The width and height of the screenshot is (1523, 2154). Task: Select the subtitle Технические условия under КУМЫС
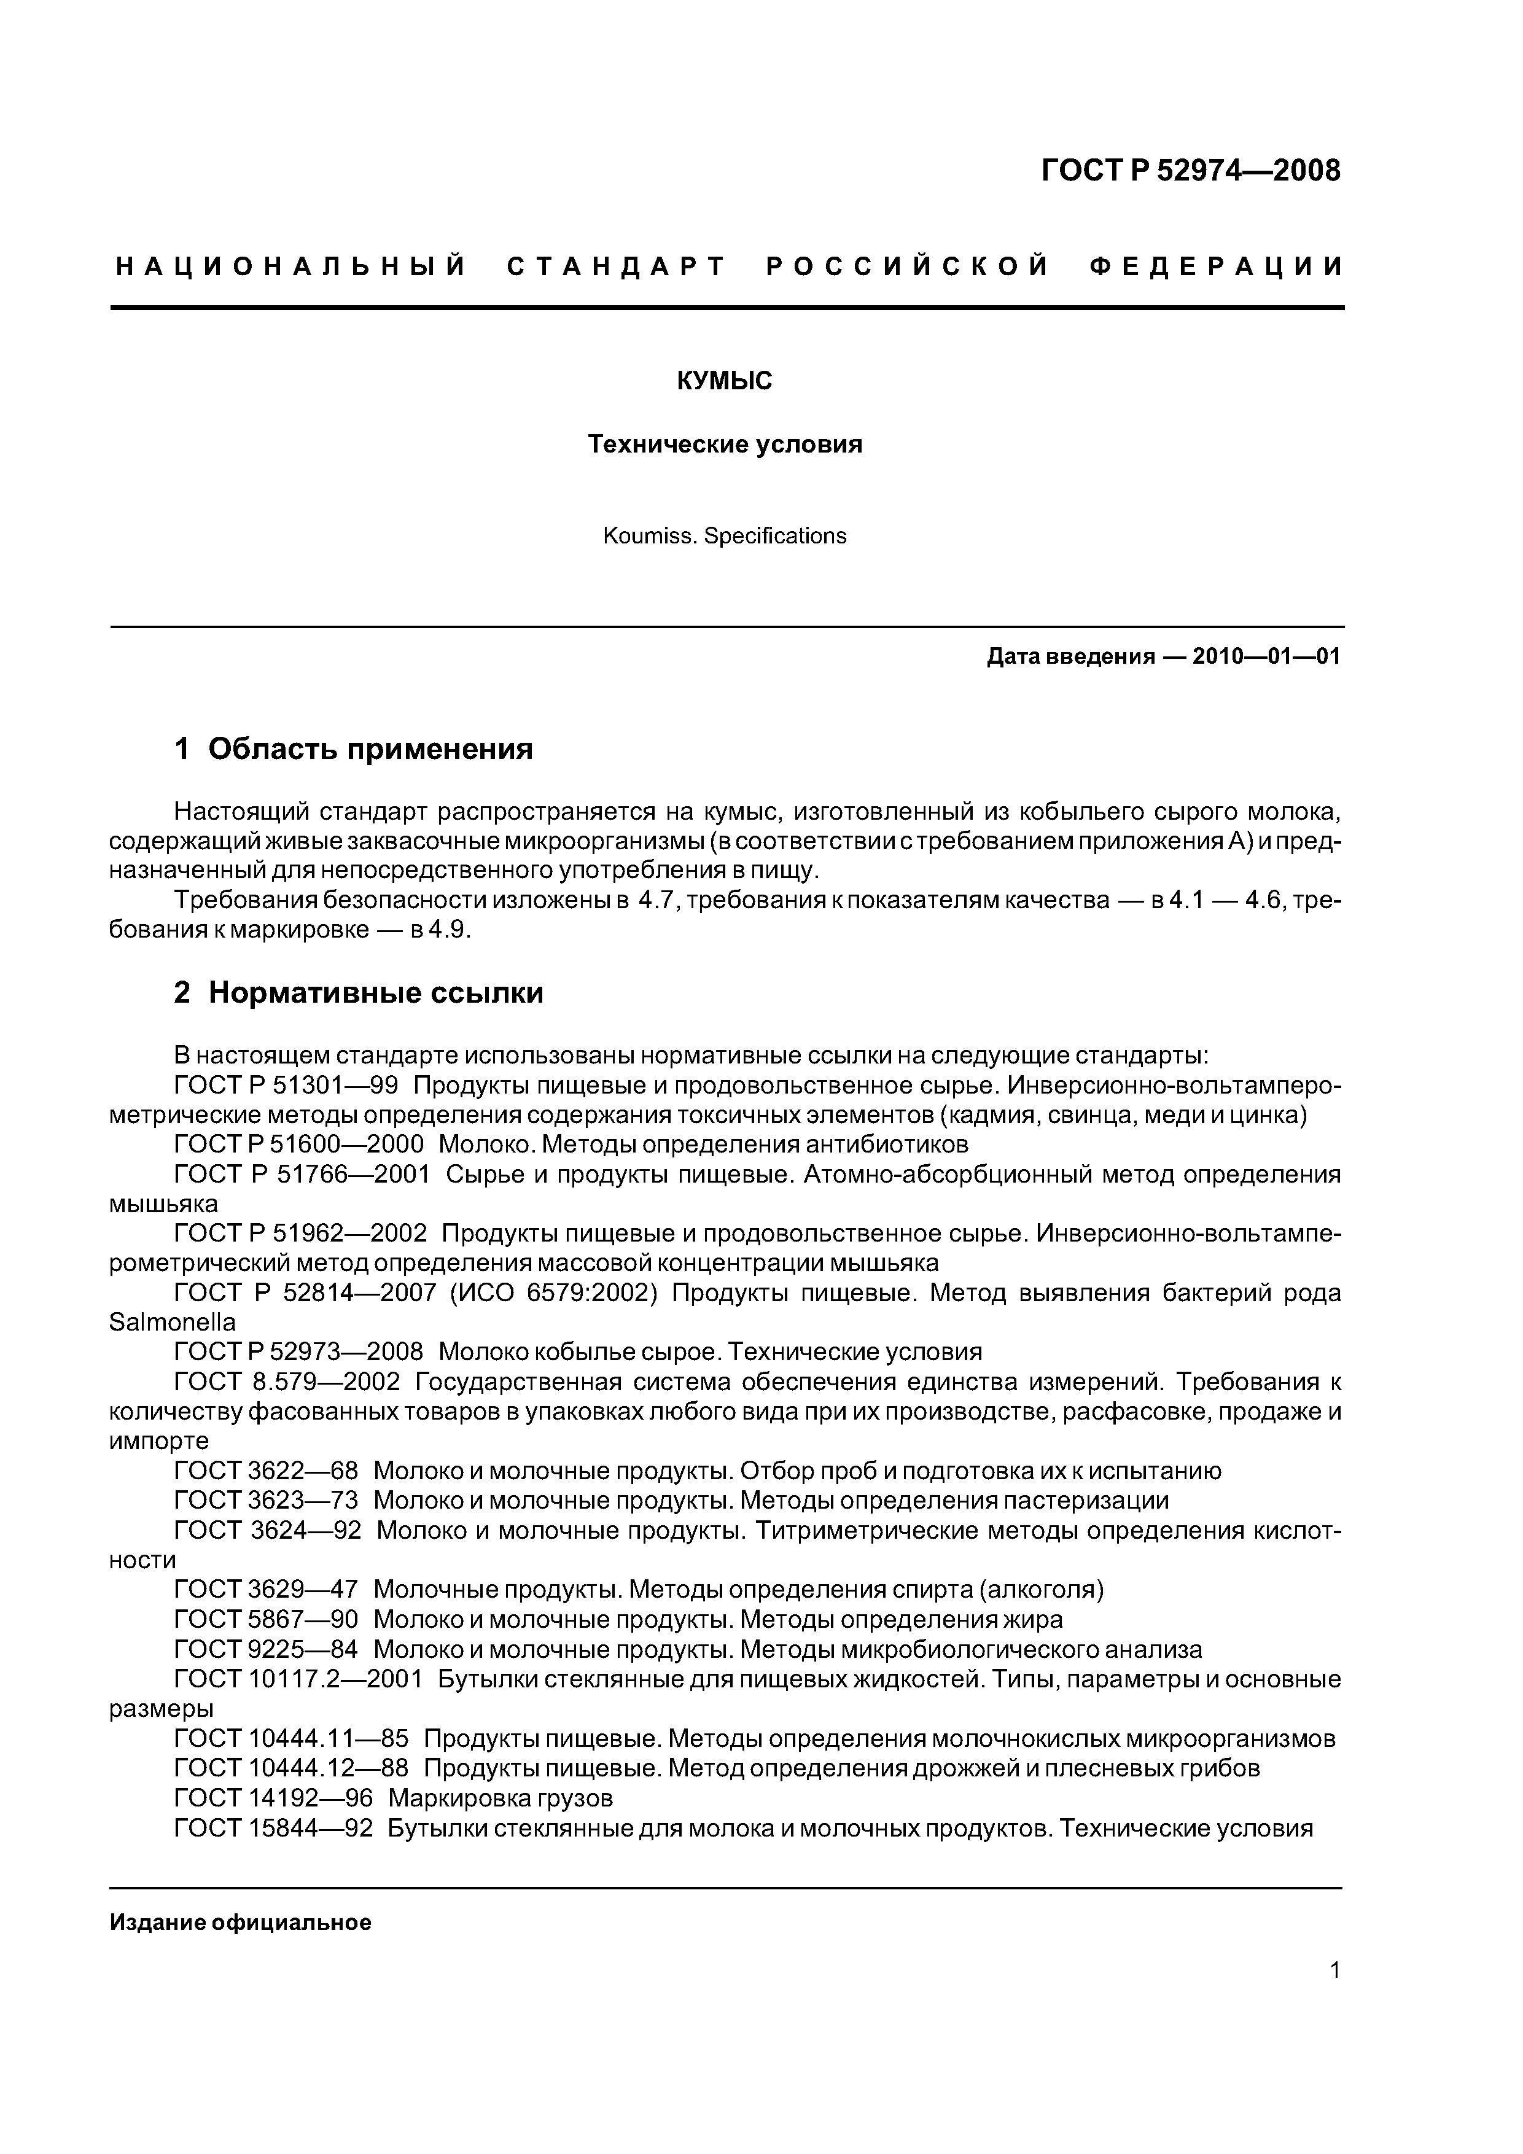(725, 444)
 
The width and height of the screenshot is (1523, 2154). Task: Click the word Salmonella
(173, 1323)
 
